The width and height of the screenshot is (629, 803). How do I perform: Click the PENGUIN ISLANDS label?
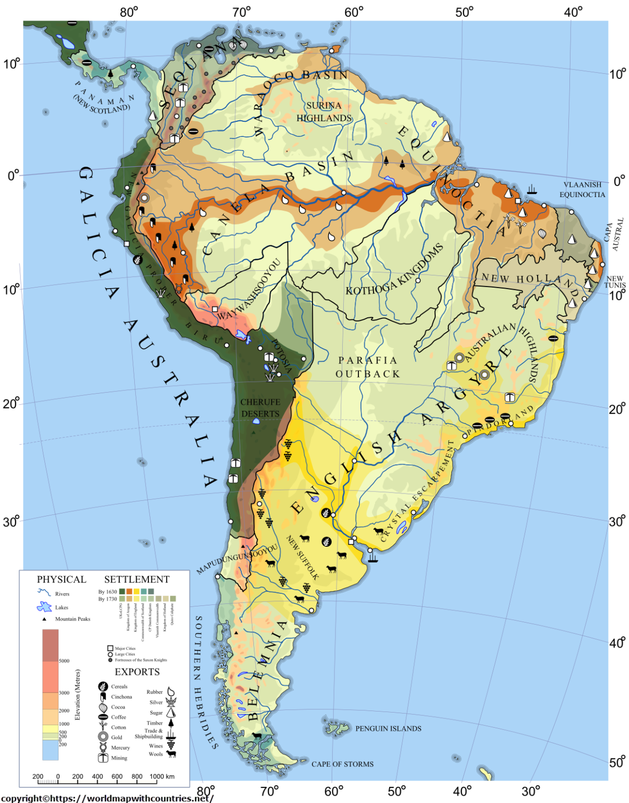(388, 728)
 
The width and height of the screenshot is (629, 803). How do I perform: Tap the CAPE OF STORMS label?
(342, 764)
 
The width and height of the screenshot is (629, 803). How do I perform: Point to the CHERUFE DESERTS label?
(260, 408)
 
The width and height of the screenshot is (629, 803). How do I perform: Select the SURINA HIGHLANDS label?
(324, 112)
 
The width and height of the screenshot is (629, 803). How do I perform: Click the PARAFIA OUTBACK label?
(368, 367)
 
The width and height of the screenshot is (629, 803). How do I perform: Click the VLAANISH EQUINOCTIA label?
(582, 189)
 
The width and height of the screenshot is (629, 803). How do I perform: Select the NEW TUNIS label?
(615, 282)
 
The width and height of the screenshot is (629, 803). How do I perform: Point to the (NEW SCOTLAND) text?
(101, 105)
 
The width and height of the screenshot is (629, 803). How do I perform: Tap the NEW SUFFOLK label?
(302, 557)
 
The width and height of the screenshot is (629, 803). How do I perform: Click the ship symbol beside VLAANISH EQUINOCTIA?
(532, 189)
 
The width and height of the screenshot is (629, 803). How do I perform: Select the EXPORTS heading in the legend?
(137, 672)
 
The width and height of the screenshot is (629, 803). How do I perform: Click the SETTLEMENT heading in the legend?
(137, 579)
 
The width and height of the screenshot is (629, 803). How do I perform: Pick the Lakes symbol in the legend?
(44, 607)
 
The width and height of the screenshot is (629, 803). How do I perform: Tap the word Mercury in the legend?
(120, 748)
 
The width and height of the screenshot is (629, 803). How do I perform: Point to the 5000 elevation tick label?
(64, 661)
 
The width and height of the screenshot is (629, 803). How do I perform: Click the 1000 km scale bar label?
(162, 776)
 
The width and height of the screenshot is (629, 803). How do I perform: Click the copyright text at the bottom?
(107, 798)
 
